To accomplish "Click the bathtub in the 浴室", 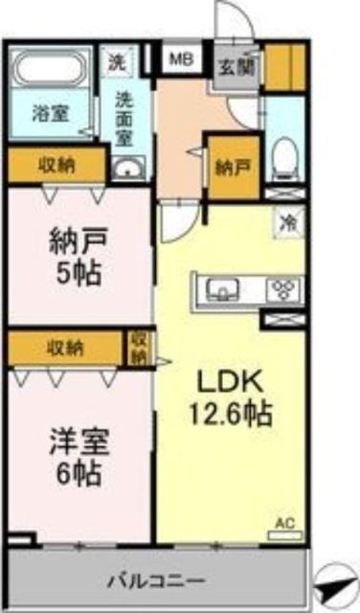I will pos(49,71).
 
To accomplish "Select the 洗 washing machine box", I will pos(115,64).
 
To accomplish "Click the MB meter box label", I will pos(180,59).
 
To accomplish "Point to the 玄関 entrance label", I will pos(234,66).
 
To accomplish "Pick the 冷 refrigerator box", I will pos(287,220).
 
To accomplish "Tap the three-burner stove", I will pos(284,287).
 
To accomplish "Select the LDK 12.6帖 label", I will pos(234,397).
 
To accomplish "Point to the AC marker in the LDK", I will pos(284,523).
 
